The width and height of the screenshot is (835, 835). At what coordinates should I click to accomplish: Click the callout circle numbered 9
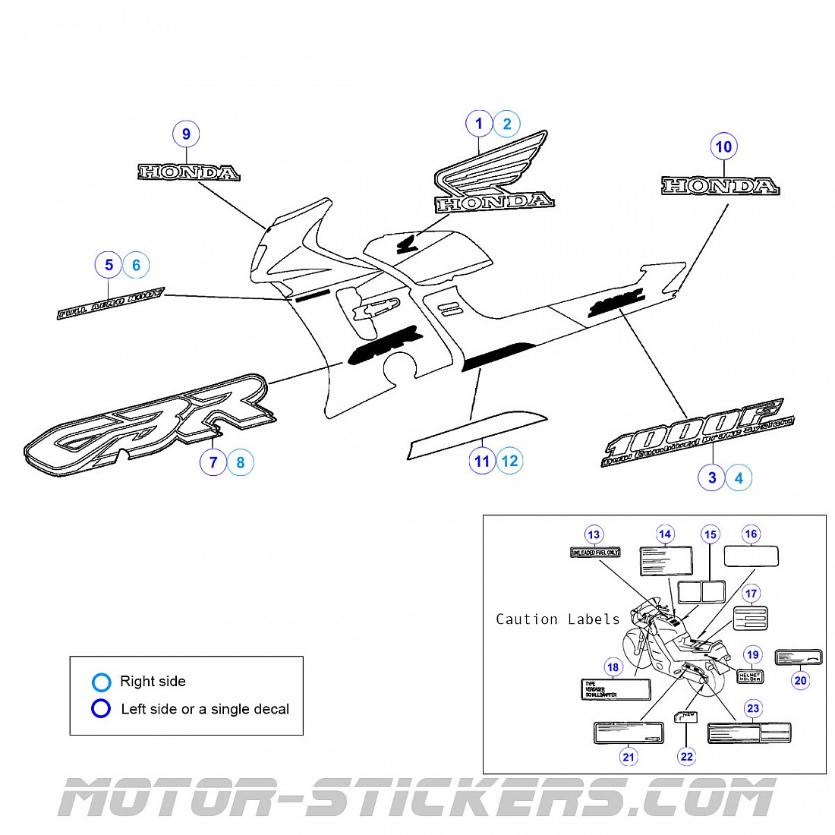(186, 134)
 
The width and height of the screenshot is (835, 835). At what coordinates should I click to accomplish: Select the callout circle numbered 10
(723, 147)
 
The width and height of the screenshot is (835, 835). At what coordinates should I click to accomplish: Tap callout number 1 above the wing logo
(479, 124)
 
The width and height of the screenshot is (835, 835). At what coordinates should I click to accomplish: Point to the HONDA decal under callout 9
(188, 172)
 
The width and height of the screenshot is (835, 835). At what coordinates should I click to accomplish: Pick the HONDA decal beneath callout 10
(720, 186)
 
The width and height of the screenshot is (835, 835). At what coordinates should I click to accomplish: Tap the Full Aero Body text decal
(111, 303)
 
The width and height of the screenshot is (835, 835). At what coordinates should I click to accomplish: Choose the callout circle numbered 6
(137, 265)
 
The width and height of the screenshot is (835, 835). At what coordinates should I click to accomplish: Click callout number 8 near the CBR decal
(241, 462)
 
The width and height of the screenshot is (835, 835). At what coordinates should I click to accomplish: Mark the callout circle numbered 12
(509, 461)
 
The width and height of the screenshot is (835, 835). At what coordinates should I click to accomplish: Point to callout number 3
(711, 477)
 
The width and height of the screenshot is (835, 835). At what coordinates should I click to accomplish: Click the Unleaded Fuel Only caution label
(595, 553)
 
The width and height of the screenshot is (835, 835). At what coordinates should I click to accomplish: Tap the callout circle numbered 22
(687, 756)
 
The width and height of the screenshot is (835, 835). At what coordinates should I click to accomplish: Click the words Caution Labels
(557, 619)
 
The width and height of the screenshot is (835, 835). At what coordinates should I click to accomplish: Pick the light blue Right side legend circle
(101, 682)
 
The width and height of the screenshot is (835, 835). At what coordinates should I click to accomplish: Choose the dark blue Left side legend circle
(101, 709)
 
